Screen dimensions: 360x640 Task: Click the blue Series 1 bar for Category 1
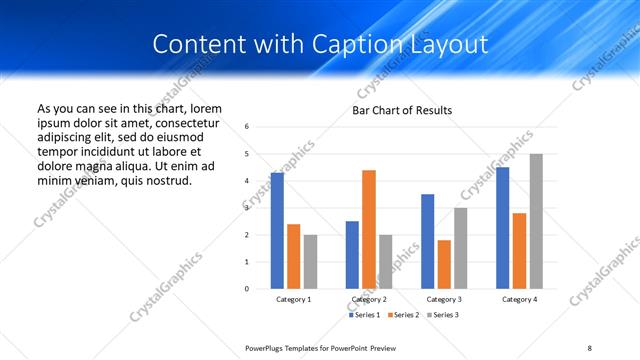(277, 230)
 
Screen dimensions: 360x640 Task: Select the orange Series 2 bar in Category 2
(369, 229)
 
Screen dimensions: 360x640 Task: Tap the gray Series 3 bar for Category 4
(536, 221)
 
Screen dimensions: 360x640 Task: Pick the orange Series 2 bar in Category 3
(444, 264)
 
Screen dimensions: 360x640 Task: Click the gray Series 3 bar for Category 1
(310, 262)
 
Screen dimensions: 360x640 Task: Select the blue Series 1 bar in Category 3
(427, 241)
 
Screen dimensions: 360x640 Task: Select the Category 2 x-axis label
(369, 300)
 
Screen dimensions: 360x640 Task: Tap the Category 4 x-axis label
(519, 300)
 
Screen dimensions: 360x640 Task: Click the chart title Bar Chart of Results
(402, 110)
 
